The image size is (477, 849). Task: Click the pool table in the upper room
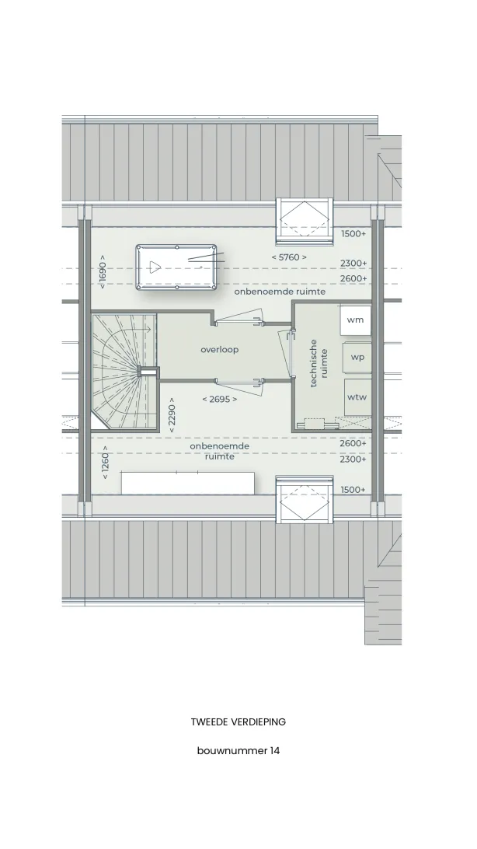[x=177, y=267]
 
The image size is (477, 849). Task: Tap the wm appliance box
[x=355, y=320]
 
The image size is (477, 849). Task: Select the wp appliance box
[x=357, y=358]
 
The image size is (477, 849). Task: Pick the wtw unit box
[x=357, y=397]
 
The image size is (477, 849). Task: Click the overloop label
[x=220, y=350]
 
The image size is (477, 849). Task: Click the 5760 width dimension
[x=289, y=257]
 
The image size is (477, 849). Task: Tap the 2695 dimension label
[x=220, y=399]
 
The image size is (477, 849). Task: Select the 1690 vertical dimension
[x=103, y=268]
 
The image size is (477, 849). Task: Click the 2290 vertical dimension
[x=172, y=415]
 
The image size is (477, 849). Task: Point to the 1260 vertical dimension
[x=105, y=463]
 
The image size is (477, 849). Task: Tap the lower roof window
[x=305, y=499]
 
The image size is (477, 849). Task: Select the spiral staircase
[x=124, y=371]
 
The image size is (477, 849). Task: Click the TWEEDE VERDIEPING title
[x=238, y=721]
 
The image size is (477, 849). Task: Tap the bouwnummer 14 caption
[x=238, y=751]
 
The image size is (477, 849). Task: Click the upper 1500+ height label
[x=353, y=234]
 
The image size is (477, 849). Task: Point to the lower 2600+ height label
[x=353, y=443]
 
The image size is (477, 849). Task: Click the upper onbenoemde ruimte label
[x=280, y=292]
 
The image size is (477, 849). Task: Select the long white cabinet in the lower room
[x=188, y=483]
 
